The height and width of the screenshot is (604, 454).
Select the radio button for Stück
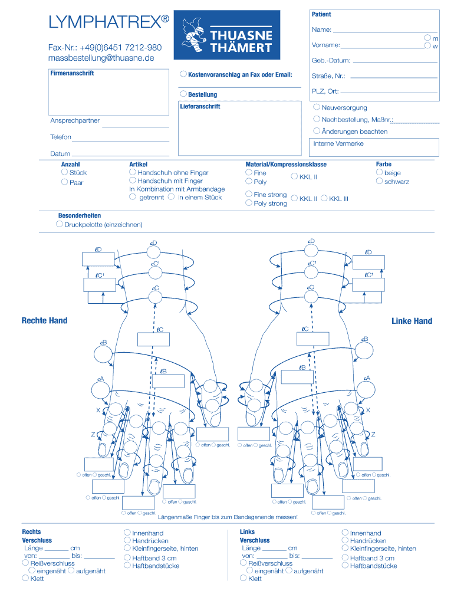[64, 172]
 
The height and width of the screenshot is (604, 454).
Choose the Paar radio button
[64, 182]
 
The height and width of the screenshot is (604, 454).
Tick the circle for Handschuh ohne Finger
[133, 172]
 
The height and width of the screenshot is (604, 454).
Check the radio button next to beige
[379, 172]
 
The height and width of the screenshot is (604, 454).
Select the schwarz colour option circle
[379, 181]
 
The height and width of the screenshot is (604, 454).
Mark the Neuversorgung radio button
[317, 107]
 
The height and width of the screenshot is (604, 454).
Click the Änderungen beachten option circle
[317, 131]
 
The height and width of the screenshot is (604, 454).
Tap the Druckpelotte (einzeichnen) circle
[60, 224]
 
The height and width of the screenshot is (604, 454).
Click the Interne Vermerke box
[375, 147]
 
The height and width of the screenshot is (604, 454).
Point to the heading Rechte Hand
[44, 321]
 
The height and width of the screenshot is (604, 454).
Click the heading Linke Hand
[412, 321]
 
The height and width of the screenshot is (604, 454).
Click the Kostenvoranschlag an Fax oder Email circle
[183, 74]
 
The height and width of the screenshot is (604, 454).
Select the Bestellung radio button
[183, 94]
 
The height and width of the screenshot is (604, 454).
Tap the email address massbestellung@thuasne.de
[101, 58]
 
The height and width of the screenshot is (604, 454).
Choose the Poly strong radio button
[249, 203]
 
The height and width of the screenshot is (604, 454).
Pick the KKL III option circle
[324, 198]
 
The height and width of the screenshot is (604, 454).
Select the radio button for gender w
[427, 45]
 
